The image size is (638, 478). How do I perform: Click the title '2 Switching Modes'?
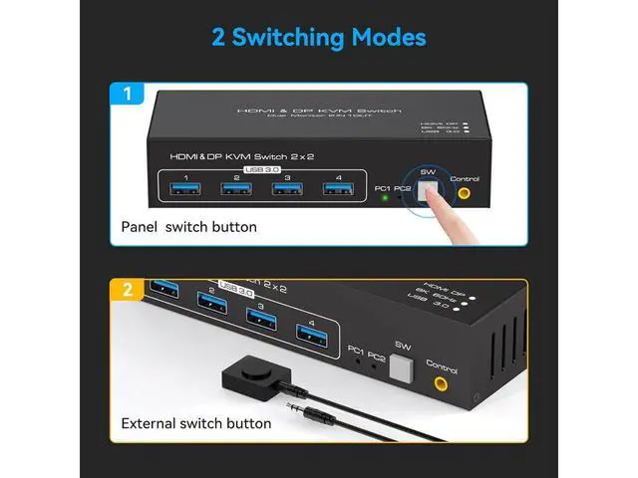[x=319, y=38]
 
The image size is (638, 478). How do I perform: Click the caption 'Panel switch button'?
[x=188, y=227]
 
